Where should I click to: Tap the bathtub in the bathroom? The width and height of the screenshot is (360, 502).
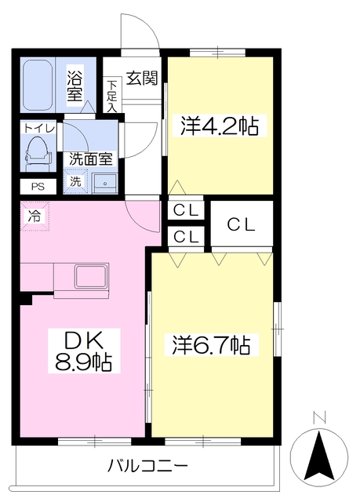pos(38,85)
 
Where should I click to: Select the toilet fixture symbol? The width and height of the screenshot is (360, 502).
pos(37,153)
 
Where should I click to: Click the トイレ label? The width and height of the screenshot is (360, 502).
pos(39,129)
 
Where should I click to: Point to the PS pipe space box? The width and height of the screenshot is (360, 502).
pos(38,187)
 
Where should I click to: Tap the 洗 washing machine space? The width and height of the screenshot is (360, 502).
pos(75,181)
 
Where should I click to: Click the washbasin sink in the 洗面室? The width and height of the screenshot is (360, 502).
pos(104,183)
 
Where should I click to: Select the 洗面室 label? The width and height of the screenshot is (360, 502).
pos(91,158)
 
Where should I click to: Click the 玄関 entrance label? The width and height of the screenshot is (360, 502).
pos(142,78)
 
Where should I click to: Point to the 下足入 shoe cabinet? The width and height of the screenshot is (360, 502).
pos(112,95)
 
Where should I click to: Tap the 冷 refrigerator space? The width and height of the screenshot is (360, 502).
pos(35,216)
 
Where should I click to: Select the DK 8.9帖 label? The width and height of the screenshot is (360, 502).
pos(84,351)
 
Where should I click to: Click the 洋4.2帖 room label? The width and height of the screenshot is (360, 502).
pos(220,125)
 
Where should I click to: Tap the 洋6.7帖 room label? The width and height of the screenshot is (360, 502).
pos(212,344)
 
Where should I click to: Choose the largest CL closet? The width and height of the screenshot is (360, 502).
pos(242,224)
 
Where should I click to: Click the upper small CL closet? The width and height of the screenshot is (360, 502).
pos(186,210)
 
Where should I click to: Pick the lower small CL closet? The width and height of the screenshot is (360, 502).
pos(186,237)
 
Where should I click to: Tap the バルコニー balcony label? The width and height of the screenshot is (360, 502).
pos(147,466)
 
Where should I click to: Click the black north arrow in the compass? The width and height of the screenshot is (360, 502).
pos(319,457)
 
